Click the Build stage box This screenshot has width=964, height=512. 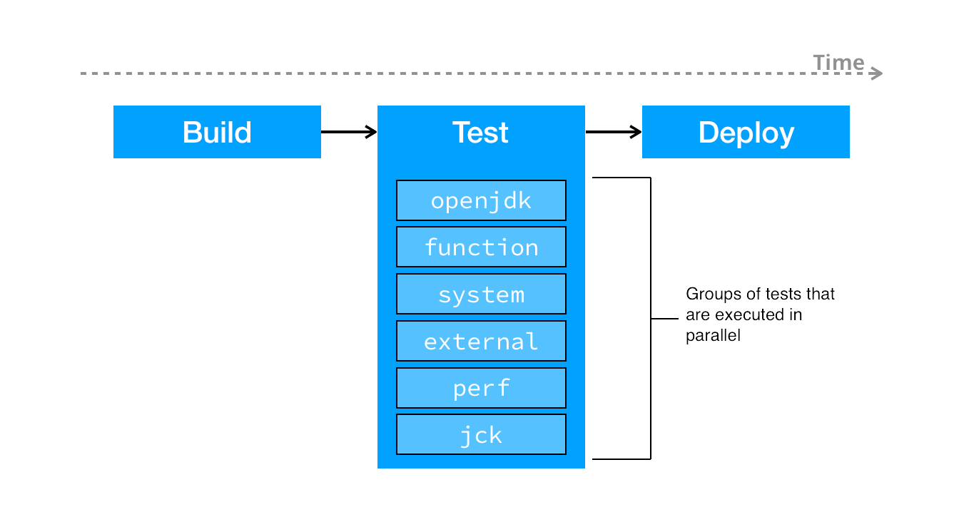click(x=217, y=132)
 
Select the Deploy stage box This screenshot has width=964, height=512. click(x=746, y=132)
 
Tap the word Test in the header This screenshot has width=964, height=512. click(x=480, y=133)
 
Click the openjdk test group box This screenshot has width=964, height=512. click(x=481, y=200)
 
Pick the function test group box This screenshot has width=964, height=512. click(x=481, y=247)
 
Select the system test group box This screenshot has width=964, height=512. click(x=481, y=294)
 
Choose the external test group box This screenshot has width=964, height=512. click(x=481, y=341)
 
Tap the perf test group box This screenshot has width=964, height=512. click(x=481, y=388)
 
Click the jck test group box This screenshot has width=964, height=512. click(x=481, y=434)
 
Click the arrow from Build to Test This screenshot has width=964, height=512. click(x=348, y=132)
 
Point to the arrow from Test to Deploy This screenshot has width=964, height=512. click(x=613, y=132)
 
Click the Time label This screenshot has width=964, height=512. click(x=838, y=63)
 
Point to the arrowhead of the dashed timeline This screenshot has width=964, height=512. click(x=878, y=73)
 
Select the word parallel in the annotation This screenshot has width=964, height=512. click(x=713, y=336)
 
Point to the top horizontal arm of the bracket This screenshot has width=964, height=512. click(x=621, y=178)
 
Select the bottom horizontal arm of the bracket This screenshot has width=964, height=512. click(x=621, y=459)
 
